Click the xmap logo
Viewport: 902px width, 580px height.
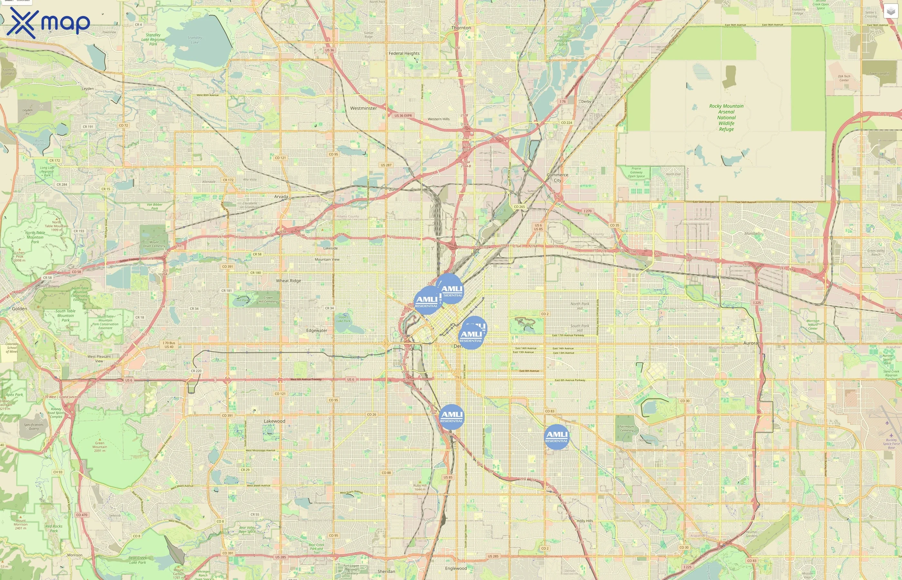[48, 23]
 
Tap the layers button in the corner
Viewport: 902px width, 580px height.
[890, 11]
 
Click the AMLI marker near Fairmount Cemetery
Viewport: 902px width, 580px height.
[556, 437]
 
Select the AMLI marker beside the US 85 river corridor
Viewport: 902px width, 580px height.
[451, 417]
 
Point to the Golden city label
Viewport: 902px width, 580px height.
[19, 309]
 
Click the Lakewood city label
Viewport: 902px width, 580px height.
[274, 421]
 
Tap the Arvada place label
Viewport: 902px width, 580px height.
[281, 197]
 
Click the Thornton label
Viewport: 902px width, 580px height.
[461, 28]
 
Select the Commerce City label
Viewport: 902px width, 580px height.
[558, 178]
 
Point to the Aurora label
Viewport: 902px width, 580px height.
[750, 343]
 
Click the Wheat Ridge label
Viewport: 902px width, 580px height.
[288, 281]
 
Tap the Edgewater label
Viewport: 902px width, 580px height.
[317, 331]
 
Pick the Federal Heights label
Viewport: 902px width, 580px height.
[404, 53]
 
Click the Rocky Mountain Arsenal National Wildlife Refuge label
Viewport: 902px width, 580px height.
[726, 118]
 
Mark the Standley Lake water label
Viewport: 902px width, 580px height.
[195, 40]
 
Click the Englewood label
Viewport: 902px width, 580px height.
[456, 568]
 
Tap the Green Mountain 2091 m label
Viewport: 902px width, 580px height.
[100, 447]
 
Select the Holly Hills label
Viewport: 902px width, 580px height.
[585, 521]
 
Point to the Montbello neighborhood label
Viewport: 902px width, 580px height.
[753, 234]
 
